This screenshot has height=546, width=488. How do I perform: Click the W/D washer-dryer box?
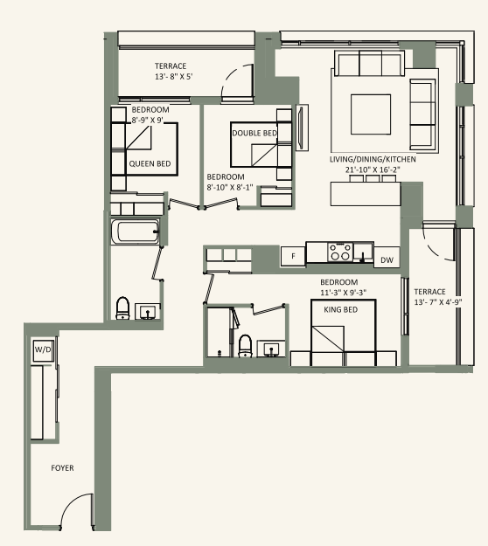(x=42, y=350)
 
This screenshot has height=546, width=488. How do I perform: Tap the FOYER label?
(x=61, y=468)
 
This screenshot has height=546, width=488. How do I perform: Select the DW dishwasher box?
(x=387, y=259)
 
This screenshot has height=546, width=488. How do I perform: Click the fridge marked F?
(x=293, y=256)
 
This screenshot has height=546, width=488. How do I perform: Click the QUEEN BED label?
(x=150, y=163)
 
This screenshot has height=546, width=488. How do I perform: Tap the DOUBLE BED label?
(x=254, y=133)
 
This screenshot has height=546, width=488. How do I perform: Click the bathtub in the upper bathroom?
(x=135, y=233)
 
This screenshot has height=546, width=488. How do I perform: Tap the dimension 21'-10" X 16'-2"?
(x=372, y=170)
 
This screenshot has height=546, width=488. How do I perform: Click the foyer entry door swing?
(x=77, y=511)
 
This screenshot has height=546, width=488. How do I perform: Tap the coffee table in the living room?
(x=364, y=112)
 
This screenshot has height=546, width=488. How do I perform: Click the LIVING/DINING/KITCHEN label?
(x=373, y=160)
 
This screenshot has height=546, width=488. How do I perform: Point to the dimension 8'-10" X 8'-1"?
(x=230, y=186)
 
